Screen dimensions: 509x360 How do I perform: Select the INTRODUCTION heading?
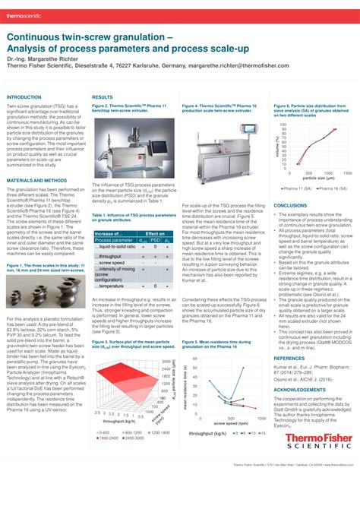click(x=24, y=97)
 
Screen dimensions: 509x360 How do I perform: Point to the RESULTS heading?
click(x=102, y=97)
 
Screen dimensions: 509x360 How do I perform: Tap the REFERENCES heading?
click(x=289, y=357)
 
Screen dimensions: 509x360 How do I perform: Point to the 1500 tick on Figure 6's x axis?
click(x=346, y=173)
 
